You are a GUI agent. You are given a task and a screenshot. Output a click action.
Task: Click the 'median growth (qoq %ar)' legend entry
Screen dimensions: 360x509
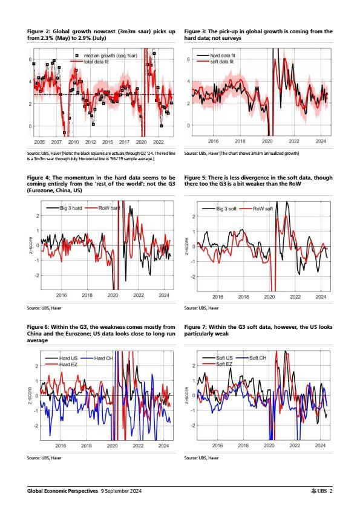click(x=106, y=56)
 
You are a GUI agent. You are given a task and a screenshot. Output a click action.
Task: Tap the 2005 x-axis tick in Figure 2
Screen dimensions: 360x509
click(x=39, y=142)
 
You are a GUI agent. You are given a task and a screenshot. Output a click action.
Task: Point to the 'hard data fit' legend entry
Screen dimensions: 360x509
click(x=216, y=56)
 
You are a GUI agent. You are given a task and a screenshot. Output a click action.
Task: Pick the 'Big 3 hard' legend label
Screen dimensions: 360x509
click(x=64, y=208)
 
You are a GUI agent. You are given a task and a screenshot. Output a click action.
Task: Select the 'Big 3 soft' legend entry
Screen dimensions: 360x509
click(x=219, y=209)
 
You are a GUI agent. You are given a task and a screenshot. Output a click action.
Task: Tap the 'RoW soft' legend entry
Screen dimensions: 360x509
click(x=257, y=209)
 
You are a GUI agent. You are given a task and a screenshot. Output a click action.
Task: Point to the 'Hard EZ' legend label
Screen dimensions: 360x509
click(x=61, y=365)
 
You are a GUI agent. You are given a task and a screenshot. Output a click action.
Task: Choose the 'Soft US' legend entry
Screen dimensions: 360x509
click(x=218, y=358)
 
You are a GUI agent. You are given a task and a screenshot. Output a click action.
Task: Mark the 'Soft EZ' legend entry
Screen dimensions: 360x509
click(x=217, y=364)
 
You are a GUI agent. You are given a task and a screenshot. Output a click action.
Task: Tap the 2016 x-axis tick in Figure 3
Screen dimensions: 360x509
click(x=213, y=141)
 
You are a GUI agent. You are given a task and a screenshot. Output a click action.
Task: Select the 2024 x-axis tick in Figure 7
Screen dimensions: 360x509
click(x=320, y=446)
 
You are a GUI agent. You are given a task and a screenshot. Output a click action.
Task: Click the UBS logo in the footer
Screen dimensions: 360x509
click(x=319, y=491)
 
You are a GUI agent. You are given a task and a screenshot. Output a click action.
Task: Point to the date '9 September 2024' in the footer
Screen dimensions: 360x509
click(x=121, y=491)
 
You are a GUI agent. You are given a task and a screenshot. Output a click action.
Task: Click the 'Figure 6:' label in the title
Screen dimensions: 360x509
click(x=38, y=327)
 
